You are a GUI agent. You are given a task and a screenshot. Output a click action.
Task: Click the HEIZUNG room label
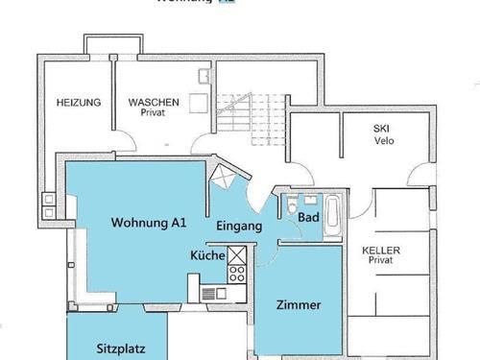(x=80, y=102)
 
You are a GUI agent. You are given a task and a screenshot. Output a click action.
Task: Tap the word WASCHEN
(x=154, y=102)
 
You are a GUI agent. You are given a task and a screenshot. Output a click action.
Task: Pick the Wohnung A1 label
(x=148, y=223)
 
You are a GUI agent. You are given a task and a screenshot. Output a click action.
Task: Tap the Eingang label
(x=239, y=227)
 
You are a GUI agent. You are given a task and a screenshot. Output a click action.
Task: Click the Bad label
(x=308, y=218)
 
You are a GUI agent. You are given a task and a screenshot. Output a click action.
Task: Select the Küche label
(x=207, y=256)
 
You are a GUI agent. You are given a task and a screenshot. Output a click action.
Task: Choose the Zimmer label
(x=298, y=305)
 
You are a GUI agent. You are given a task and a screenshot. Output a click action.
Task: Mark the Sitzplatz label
(x=121, y=349)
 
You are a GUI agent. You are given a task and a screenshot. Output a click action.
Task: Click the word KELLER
(x=381, y=251)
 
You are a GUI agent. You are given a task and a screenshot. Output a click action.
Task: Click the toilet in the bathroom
(x=292, y=205)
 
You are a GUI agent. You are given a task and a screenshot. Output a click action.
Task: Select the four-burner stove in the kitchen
(x=236, y=274)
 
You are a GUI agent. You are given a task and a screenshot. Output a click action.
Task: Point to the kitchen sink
(x=212, y=293)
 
